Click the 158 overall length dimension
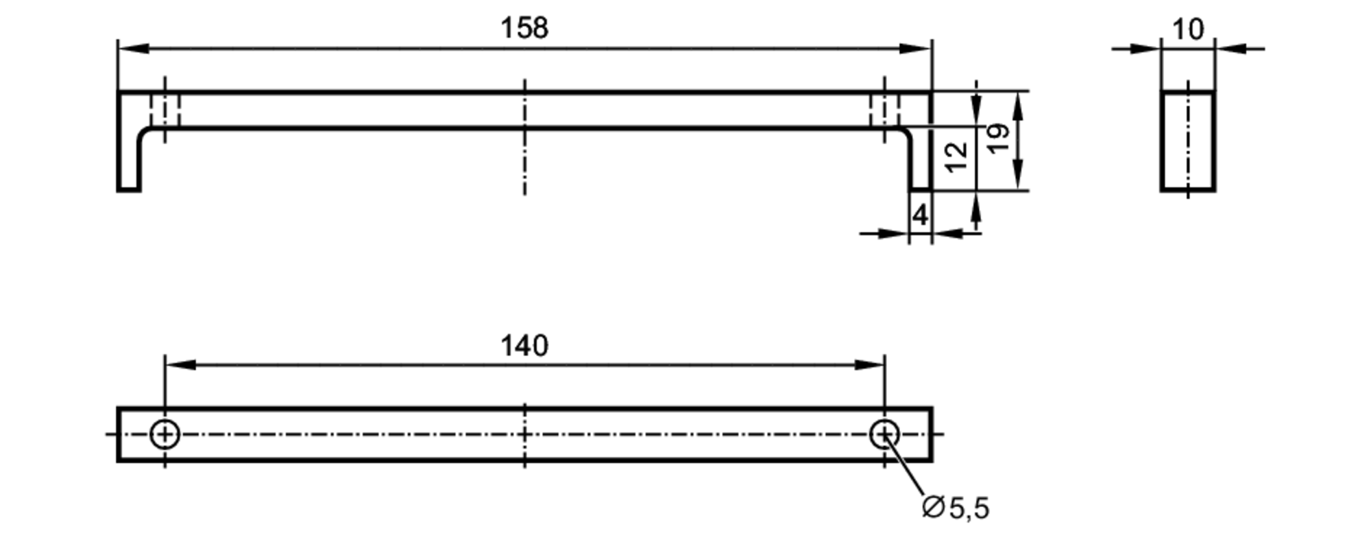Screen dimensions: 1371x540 point(524,28)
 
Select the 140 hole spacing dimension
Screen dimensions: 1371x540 point(524,346)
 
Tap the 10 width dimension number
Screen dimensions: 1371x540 point(1188,30)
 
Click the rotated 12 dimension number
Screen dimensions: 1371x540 point(956,156)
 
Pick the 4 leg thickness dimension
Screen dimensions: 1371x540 point(920,215)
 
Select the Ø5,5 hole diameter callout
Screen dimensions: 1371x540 point(956,508)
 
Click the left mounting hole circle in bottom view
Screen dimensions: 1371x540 point(165,434)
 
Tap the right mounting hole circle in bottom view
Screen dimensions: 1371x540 point(884,434)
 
